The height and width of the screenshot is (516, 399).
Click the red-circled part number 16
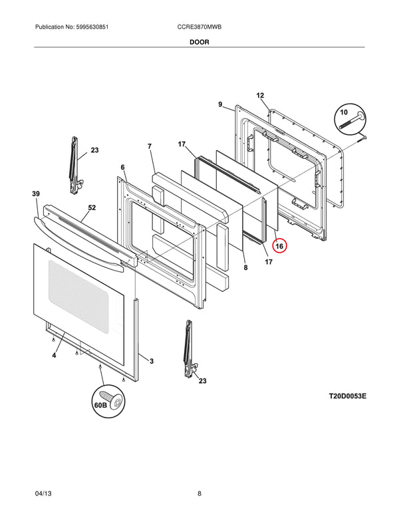pyautogui.click(x=279, y=246)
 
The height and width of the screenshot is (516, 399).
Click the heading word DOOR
pyautogui.click(x=199, y=41)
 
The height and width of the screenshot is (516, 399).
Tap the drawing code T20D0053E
pyautogui.click(x=347, y=396)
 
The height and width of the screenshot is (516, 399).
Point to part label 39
pyautogui.click(x=35, y=193)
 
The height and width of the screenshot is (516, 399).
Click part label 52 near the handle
pyautogui.click(x=92, y=208)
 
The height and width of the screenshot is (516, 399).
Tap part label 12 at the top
pyautogui.click(x=260, y=96)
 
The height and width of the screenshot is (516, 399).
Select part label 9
pyautogui.click(x=220, y=104)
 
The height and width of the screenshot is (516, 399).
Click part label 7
pyautogui.click(x=150, y=146)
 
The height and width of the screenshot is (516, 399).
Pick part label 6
pyautogui.click(x=122, y=167)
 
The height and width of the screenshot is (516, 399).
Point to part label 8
pyautogui.click(x=245, y=267)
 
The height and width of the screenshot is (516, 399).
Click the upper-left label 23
pyautogui.click(x=94, y=151)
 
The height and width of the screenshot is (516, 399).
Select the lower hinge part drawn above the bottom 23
pyautogui.click(x=190, y=349)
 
